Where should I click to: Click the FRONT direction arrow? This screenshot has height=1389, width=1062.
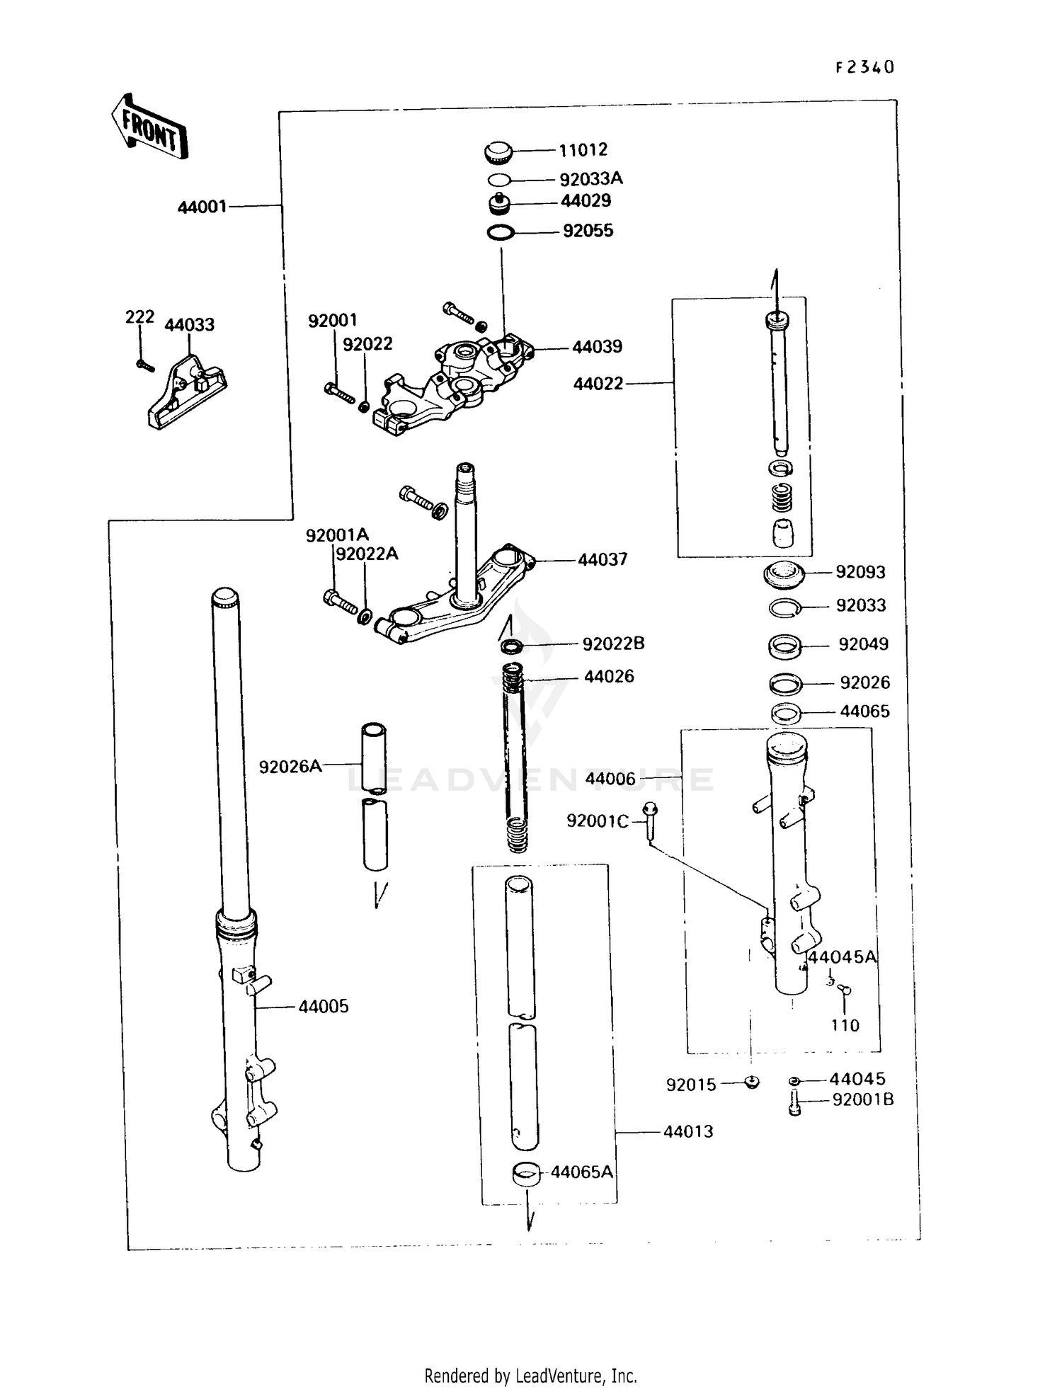pyautogui.click(x=149, y=127)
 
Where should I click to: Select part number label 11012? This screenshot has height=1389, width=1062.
pyautogui.click(x=583, y=150)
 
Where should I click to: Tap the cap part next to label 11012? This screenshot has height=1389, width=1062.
pyautogui.click(x=499, y=151)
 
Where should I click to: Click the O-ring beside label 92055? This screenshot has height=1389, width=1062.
pyautogui.click(x=501, y=232)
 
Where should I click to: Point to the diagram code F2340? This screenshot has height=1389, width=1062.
pyautogui.click(x=864, y=67)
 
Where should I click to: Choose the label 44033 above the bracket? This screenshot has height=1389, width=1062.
pyautogui.click(x=189, y=325)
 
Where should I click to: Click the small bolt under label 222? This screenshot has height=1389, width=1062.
pyautogui.click(x=144, y=365)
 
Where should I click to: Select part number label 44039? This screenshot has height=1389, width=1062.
pyautogui.click(x=597, y=347)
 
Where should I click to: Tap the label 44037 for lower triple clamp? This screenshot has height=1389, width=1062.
pyautogui.click(x=602, y=560)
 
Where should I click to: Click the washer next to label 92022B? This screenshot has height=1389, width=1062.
pyautogui.click(x=511, y=646)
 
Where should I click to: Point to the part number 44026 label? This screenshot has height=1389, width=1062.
pyautogui.click(x=609, y=677)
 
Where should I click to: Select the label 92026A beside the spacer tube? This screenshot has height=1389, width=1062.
pyautogui.click(x=290, y=767)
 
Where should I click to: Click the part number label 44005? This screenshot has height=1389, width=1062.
pyautogui.click(x=323, y=1007)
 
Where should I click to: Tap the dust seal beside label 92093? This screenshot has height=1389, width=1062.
pyautogui.click(x=784, y=573)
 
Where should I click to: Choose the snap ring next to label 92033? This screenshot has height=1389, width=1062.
pyautogui.click(x=784, y=607)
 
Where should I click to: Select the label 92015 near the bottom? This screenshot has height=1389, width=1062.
pyautogui.click(x=691, y=1085)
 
